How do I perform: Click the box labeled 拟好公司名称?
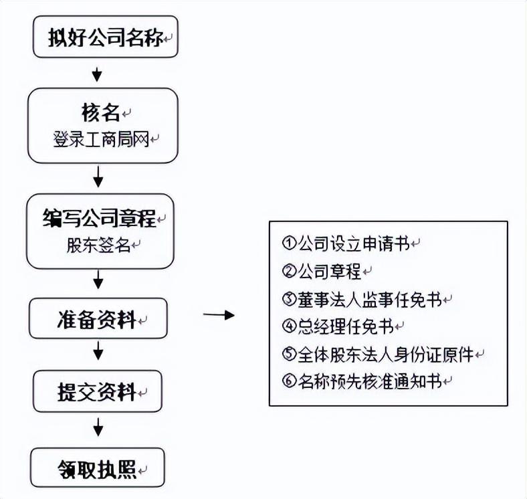106,37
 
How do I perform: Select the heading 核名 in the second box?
100,112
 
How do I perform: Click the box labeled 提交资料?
98,392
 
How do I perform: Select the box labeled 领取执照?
98,469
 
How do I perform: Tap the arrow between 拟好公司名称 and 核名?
98,72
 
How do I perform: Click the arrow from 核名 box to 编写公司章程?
98,177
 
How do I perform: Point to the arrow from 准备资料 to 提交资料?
98,350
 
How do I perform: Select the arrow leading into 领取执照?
98,425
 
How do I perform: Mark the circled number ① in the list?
289,242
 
